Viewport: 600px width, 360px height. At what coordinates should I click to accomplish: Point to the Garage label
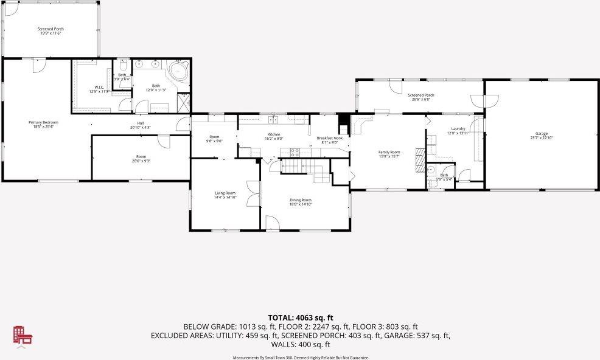541,134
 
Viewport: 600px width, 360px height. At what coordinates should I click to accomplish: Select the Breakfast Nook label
330,138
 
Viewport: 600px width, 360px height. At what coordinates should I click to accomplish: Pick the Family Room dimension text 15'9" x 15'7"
389,156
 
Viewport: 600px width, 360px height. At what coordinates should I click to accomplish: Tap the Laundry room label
458,129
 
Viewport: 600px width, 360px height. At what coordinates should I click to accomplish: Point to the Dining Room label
300,200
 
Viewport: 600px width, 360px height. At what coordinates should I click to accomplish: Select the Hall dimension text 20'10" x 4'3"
140,128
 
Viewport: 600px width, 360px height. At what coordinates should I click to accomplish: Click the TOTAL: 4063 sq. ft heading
300,317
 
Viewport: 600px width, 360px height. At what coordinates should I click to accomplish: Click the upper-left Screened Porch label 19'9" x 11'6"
51,29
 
